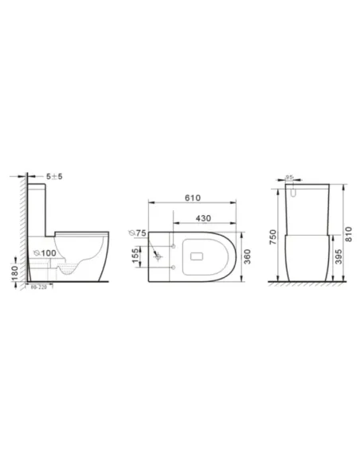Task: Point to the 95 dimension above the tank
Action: tap(292, 179)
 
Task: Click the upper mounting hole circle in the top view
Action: tap(170, 248)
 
